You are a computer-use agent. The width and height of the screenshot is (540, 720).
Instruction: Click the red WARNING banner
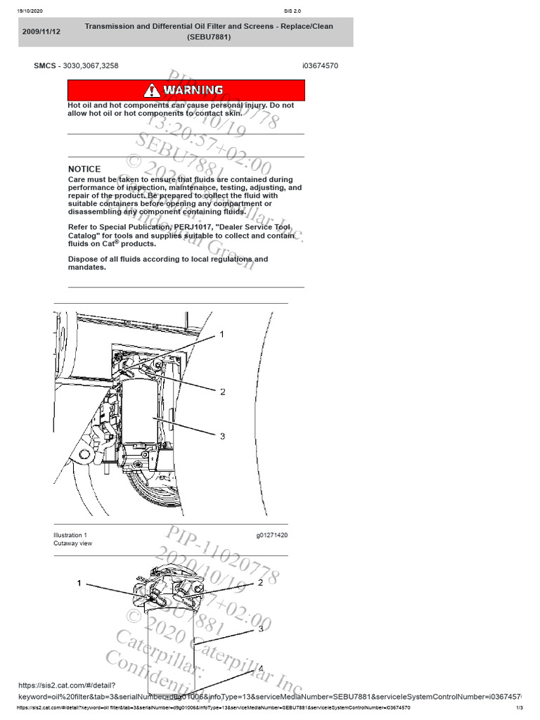coord(186,90)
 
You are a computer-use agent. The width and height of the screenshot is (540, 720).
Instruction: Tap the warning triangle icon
coord(152,90)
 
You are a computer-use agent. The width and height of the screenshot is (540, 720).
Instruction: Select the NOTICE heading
coord(84,169)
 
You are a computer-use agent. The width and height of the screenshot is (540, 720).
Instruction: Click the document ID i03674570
coord(320,65)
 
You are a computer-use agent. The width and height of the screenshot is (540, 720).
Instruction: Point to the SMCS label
coord(45,65)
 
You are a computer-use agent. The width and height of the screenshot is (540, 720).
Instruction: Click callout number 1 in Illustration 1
coord(222,335)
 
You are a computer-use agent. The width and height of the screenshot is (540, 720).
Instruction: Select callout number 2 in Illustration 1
coord(223,392)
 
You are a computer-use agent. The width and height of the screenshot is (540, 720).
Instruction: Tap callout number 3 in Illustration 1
coord(223,436)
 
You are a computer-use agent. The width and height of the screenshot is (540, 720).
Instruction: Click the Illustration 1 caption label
coord(70,535)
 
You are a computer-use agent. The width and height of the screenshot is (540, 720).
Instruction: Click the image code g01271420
coord(271,535)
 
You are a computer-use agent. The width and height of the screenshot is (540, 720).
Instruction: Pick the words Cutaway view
coord(72,544)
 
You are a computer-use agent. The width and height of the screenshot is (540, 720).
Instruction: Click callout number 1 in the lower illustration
coord(79,583)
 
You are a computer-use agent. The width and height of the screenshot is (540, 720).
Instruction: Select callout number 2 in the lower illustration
coord(260,583)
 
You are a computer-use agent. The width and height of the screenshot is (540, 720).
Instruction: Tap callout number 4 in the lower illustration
coord(260,669)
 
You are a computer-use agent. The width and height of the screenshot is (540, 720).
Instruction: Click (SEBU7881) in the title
coord(208,37)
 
